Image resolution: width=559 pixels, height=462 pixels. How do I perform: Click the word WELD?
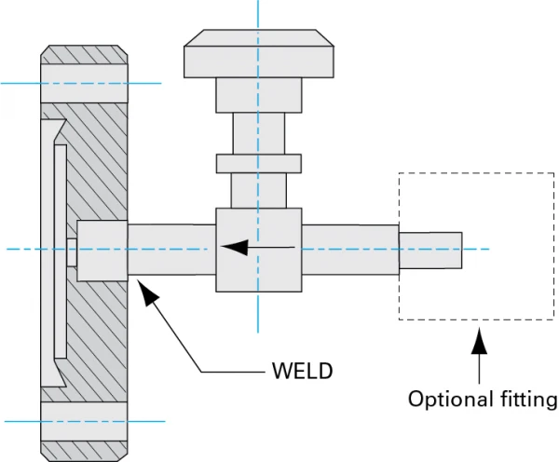tap(302, 372)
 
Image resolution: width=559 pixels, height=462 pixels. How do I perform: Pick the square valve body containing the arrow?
tap(256, 249)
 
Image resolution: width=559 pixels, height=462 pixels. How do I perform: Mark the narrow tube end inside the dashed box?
tap(430, 249)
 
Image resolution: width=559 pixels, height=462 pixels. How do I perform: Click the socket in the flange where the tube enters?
tap(101, 249)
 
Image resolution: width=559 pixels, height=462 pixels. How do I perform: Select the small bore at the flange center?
tap(72, 249)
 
